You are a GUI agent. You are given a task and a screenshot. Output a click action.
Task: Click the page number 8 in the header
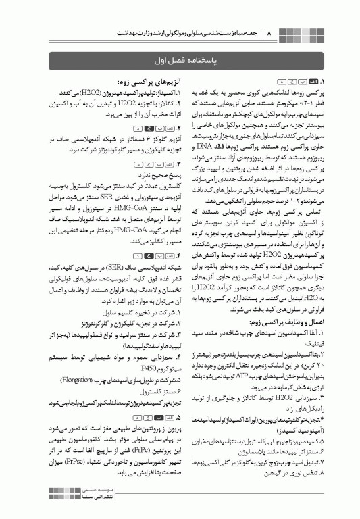[269, 32]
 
